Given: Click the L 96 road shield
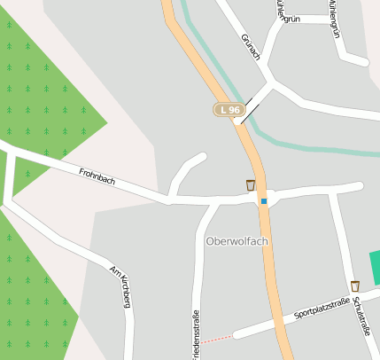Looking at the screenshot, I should (229, 109).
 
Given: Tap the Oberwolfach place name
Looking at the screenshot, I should (237, 240).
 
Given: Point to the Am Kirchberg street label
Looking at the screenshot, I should (120, 286).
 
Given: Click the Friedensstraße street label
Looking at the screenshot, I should (196, 333).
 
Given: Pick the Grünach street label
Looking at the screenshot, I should (251, 47).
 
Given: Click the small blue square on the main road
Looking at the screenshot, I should (263, 201).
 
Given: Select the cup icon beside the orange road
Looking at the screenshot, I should (251, 185).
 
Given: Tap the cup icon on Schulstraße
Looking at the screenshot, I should (355, 286).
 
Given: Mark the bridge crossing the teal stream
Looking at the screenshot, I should (249, 111).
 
